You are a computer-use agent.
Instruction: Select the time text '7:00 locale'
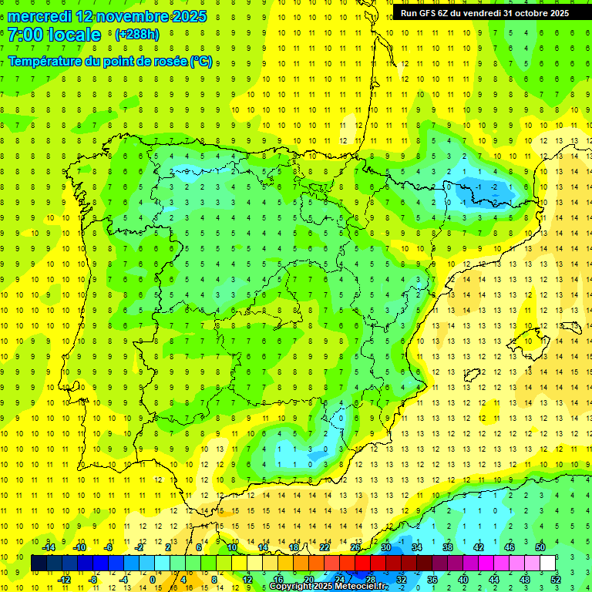coord(54,35)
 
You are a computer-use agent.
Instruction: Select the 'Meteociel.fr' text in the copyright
coord(358,587)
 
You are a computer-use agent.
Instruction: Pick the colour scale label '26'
coord(355,547)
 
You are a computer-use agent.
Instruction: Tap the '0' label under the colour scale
coord(153,580)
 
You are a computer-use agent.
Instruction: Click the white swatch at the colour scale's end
coord(548,563)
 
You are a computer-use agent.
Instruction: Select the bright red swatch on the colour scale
coord(362,563)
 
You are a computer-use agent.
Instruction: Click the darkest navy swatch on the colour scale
coord(39,563)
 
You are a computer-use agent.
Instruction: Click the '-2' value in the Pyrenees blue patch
coord(493,187)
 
